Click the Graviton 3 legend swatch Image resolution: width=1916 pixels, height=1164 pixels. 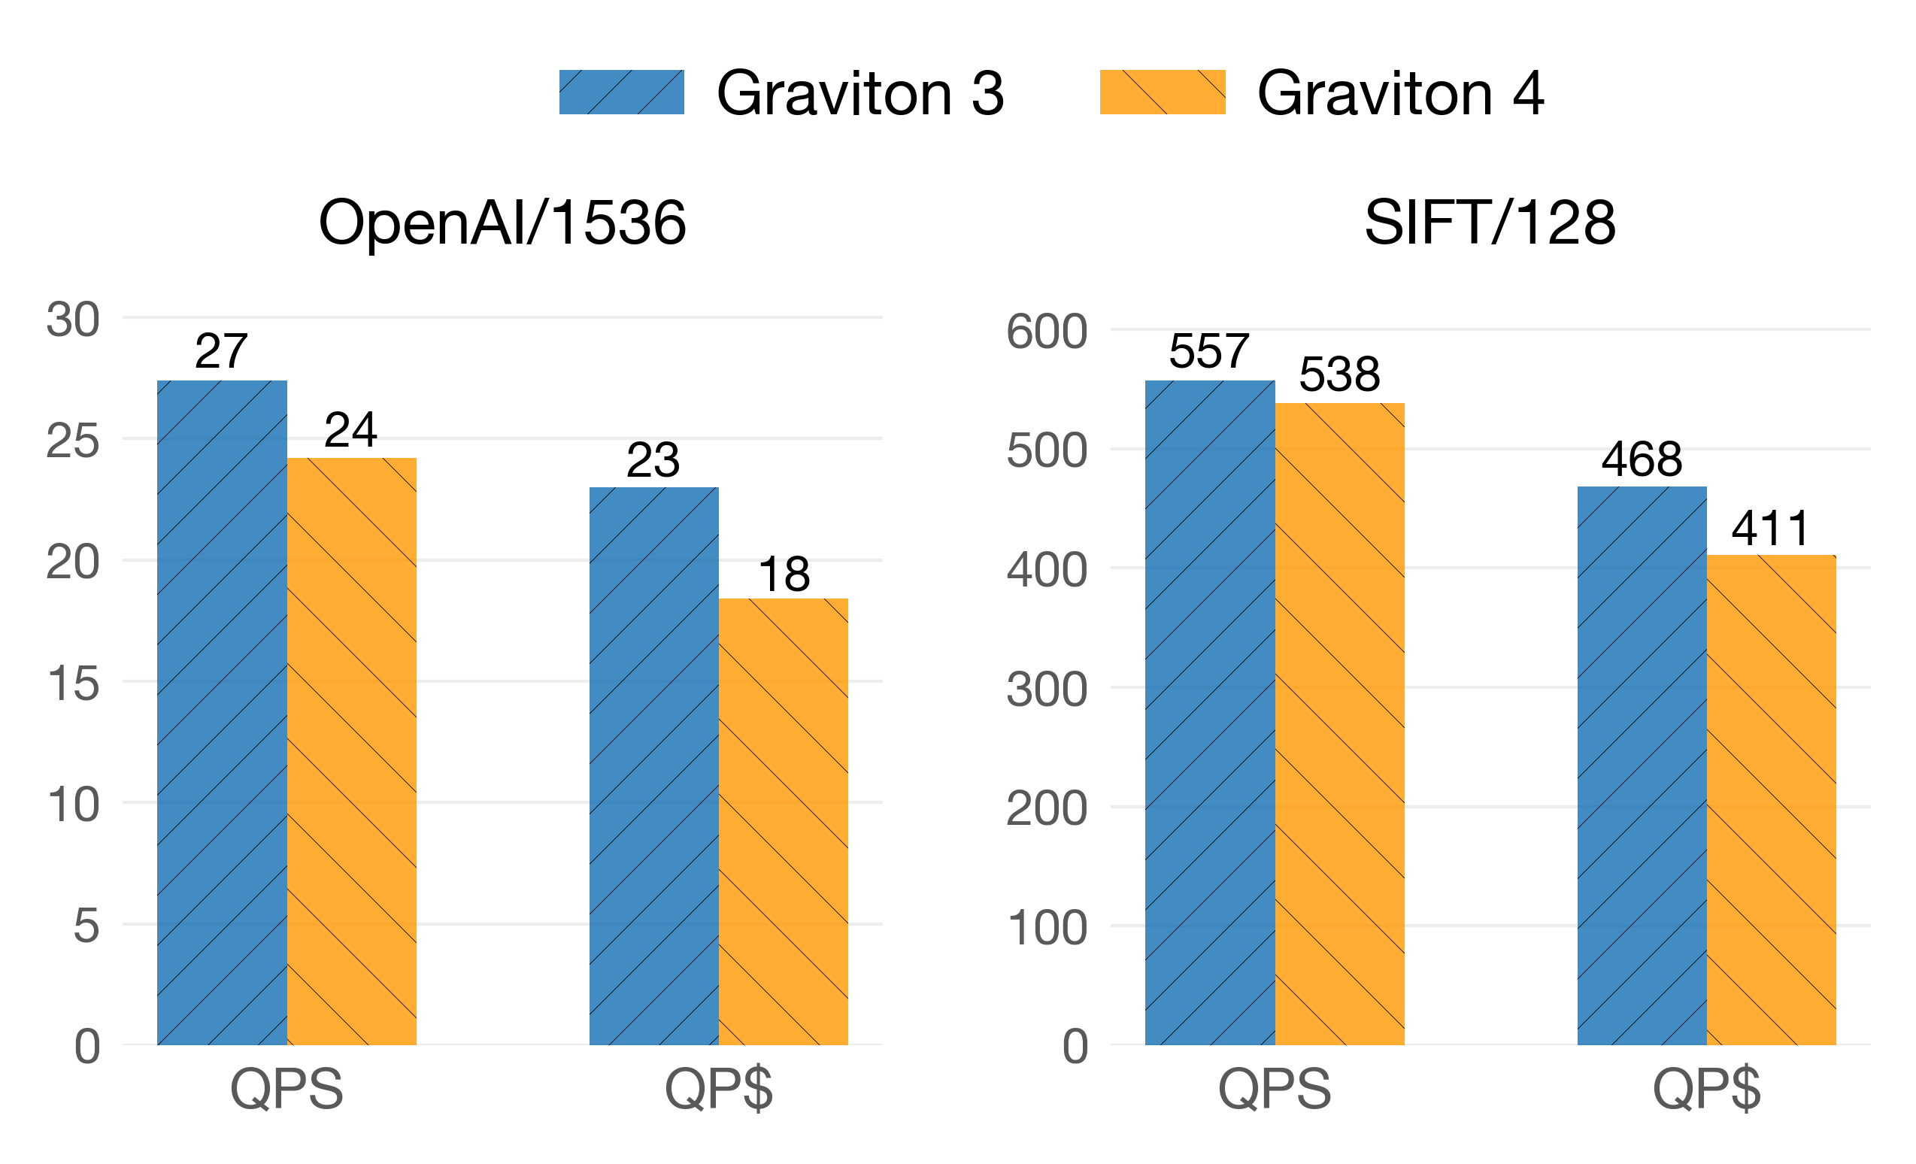(621, 92)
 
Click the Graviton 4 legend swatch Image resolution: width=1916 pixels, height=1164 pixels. (1163, 92)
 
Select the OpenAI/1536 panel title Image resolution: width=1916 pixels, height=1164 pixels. (502, 223)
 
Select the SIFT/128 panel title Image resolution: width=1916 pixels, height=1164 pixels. (1490, 223)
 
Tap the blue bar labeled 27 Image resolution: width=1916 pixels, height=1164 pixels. (222, 712)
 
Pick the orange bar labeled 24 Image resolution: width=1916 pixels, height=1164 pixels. (351, 751)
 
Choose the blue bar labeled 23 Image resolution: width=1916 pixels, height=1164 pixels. (654, 766)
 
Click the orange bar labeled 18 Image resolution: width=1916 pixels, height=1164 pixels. (783, 821)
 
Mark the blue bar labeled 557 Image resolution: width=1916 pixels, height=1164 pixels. (1210, 712)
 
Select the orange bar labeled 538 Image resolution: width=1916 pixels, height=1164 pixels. (1340, 724)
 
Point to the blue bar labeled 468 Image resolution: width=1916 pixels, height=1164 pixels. (1642, 766)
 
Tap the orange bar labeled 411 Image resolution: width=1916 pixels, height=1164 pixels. (1772, 799)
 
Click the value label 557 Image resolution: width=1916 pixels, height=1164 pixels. (1209, 351)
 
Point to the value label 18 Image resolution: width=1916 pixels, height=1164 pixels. (784, 574)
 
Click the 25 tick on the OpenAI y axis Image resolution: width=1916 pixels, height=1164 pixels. (73, 441)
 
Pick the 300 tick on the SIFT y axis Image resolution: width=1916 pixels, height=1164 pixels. (1047, 689)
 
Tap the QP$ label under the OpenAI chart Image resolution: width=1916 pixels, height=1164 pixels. (719, 1090)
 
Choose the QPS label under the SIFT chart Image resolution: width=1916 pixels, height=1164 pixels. (1275, 1090)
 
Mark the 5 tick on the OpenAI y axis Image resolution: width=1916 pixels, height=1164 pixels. (86, 926)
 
